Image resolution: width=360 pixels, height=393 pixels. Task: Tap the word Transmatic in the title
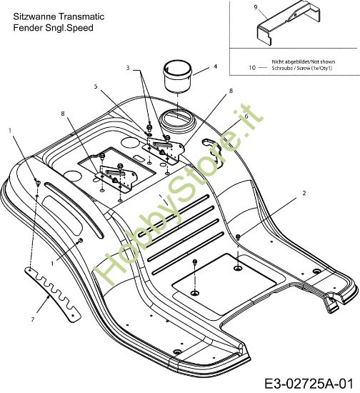click(81, 16)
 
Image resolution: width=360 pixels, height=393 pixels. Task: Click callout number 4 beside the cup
click(215, 66)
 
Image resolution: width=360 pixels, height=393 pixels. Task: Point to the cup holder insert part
click(177, 76)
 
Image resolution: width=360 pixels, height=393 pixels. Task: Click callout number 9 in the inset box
click(256, 7)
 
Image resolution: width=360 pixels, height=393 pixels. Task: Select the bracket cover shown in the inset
click(288, 23)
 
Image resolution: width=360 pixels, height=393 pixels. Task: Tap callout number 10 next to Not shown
click(252, 68)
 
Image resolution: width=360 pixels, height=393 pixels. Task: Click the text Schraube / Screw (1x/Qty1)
click(302, 68)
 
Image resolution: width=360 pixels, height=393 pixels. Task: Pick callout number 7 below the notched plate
click(33, 319)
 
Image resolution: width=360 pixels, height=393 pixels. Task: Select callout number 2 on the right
click(304, 193)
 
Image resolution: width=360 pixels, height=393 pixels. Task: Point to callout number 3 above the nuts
click(128, 68)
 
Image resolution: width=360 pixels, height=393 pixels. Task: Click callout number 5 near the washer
click(96, 86)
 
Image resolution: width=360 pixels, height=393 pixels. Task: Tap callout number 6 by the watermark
click(246, 116)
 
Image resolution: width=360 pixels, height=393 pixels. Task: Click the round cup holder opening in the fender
click(177, 119)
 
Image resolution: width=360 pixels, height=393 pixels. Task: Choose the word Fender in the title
click(28, 28)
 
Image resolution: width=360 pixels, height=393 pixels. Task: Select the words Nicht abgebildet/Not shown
click(304, 61)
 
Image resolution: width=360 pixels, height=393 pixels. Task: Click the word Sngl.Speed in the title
click(69, 28)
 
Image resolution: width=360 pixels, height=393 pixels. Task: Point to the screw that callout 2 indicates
click(239, 237)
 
